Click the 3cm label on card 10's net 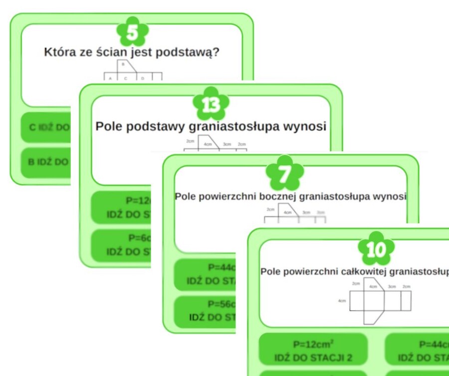[x=392, y=287]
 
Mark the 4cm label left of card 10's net [x=342, y=301]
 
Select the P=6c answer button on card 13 [x=122, y=244]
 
